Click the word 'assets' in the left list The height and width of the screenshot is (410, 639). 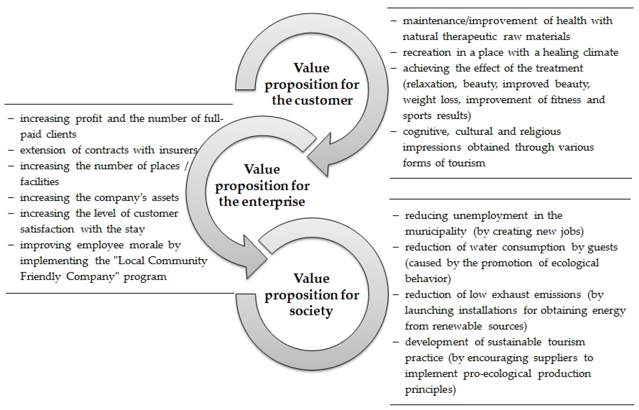165,198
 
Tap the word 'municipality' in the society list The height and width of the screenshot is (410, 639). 436,231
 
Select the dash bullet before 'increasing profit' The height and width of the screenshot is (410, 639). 11,118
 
